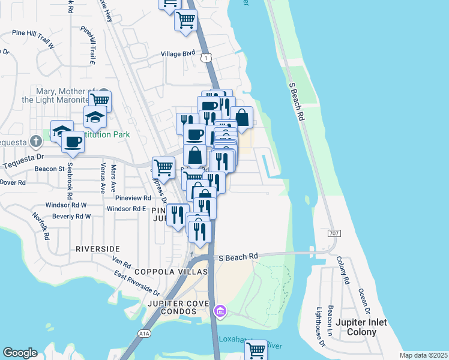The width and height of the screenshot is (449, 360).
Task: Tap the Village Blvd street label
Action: pos(178,53)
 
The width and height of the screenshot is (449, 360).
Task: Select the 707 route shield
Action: pos(334,232)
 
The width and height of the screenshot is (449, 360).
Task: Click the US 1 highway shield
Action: pos(206,58)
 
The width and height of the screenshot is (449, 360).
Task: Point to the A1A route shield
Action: pos(144,333)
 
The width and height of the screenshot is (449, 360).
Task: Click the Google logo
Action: pos(20,353)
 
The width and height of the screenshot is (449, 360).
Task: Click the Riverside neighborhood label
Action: pos(98,248)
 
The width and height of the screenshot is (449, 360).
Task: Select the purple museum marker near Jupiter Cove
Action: pos(220,311)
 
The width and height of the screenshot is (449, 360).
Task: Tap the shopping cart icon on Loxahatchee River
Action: pos(256,349)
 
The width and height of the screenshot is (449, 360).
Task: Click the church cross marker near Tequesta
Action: pos(36,142)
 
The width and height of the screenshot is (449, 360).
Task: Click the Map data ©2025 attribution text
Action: pos(423,355)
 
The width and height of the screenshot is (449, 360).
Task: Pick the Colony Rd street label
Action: pos(343,270)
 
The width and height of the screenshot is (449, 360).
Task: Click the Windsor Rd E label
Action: pos(127,209)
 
